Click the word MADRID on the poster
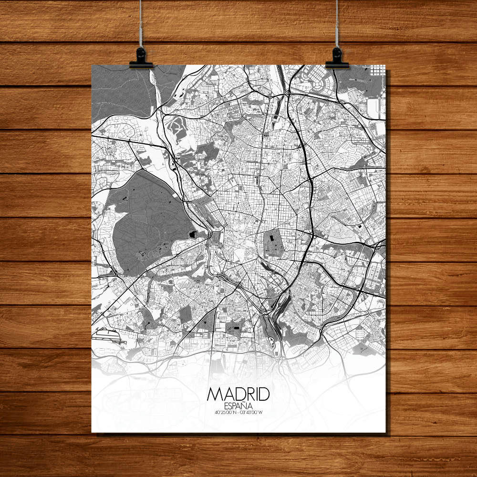click(238, 394)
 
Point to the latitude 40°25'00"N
click(227, 413)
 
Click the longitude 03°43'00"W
click(251, 413)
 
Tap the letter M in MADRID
click(214, 394)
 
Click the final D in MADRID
click(264, 394)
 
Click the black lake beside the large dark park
click(192, 235)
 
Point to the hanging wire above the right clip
click(337, 24)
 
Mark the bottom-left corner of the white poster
click(92, 432)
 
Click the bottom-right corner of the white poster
click(385, 432)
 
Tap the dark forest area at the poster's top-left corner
click(119, 91)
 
